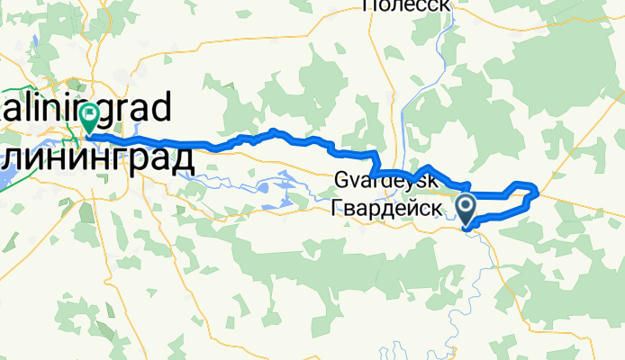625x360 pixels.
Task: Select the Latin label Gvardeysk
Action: [x=386, y=179]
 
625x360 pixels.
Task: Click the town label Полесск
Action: [x=405, y=4]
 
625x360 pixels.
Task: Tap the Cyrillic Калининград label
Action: [x=95, y=159]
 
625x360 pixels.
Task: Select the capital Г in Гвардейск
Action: [x=338, y=208]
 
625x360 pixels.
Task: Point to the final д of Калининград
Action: [x=183, y=159]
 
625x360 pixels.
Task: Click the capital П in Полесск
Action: [x=367, y=4]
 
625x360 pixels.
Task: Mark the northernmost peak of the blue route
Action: [x=271, y=132]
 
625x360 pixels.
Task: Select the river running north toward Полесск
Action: [x=439, y=54]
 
